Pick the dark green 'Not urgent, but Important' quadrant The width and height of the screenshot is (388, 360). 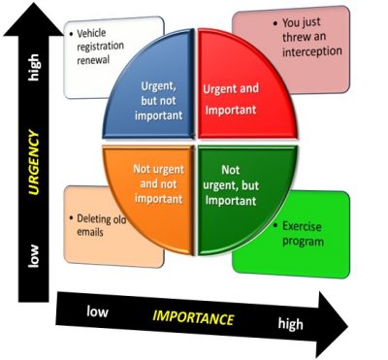233,180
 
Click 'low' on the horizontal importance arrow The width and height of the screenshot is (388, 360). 97,312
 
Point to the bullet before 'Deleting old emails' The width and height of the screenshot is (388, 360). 71,218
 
